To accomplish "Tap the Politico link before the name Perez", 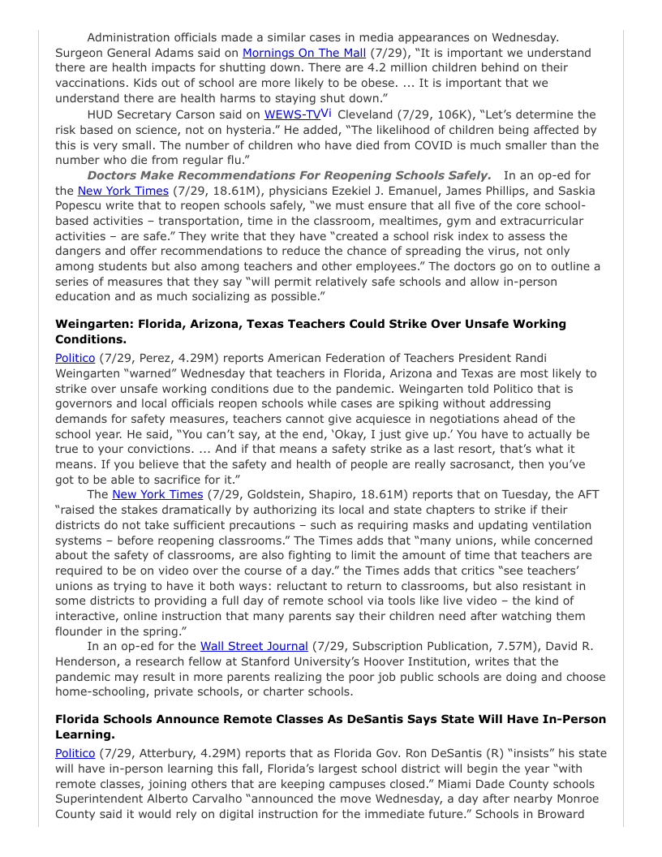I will coord(75,358).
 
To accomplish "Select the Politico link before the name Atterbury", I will coord(75,753).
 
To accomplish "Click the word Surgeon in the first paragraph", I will coord(80,53).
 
